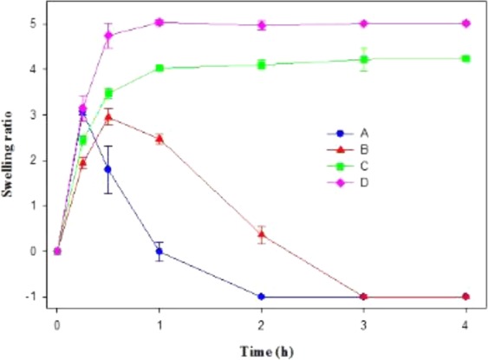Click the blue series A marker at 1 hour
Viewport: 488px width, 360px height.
point(159,252)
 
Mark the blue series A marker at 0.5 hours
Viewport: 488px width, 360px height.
point(108,169)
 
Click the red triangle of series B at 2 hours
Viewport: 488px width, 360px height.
point(262,234)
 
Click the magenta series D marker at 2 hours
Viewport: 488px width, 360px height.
point(262,25)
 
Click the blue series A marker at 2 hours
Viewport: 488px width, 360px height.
point(262,297)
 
